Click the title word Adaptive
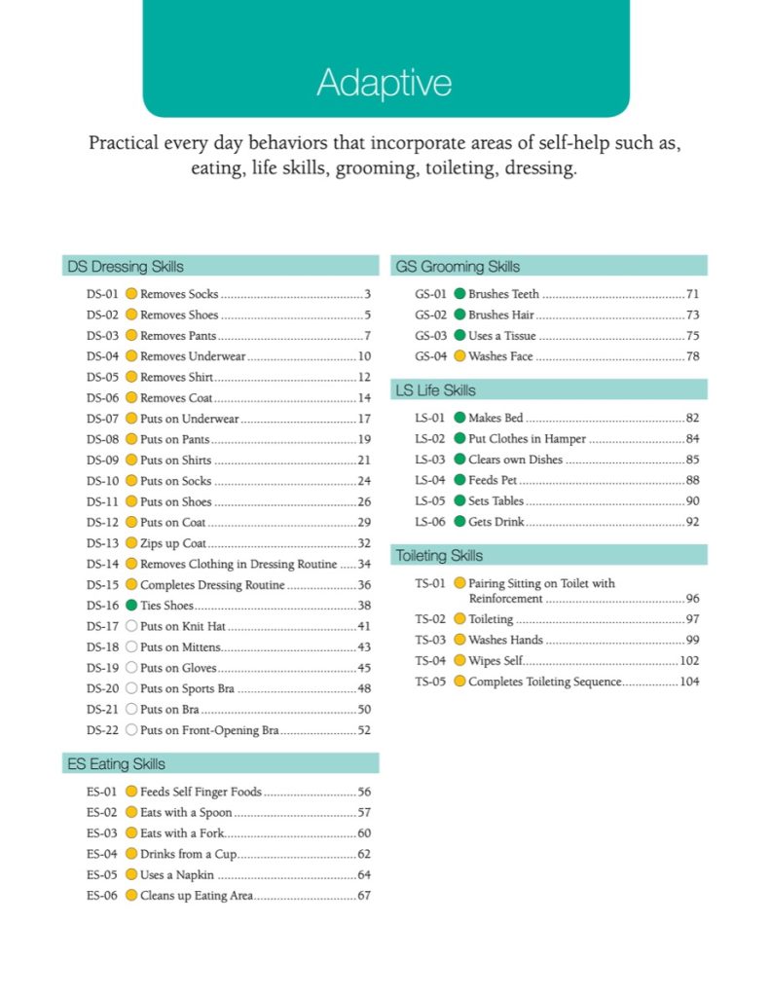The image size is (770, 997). click(x=384, y=83)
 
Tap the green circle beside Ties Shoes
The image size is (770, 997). click(x=131, y=606)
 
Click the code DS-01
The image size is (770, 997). click(x=102, y=294)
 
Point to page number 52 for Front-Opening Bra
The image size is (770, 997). click(x=364, y=730)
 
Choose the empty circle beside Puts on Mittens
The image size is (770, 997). click(x=131, y=647)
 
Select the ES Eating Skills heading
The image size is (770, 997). click(x=116, y=763)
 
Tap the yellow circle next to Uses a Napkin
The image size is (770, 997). click(x=131, y=875)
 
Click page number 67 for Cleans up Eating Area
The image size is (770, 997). click(x=364, y=896)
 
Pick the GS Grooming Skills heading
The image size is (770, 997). click(x=457, y=266)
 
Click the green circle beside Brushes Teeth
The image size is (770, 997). click(x=459, y=294)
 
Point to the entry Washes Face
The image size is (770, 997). click(x=500, y=356)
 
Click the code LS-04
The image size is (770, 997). click(x=430, y=481)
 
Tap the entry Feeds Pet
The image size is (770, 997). click(x=493, y=481)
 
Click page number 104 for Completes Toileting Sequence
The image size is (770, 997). click(x=689, y=682)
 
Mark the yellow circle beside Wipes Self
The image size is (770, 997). click(x=459, y=661)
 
